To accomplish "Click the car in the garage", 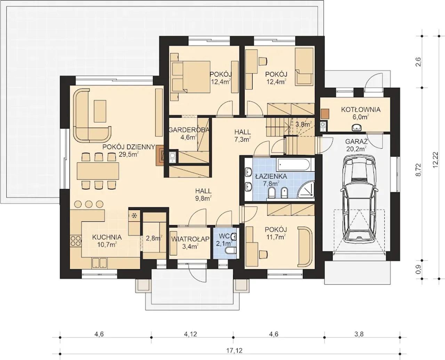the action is click(x=359, y=199).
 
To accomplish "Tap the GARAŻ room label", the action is click(x=356, y=142).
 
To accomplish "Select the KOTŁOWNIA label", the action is click(x=361, y=110).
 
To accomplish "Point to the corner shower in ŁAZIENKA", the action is click(x=306, y=190).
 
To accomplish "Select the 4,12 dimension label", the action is click(x=190, y=334).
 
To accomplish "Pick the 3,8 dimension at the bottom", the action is click(x=359, y=334).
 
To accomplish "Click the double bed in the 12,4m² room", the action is click(x=191, y=77).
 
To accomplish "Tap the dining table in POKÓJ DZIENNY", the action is click(x=98, y=171).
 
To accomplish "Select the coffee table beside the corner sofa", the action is click(x=100, y=111).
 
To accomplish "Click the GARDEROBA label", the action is click(x=189, y=130).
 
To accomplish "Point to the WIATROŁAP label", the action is click(x=190, y=239).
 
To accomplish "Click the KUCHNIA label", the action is click(x=107, y=237).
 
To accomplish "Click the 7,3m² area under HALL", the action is click(x=242, y=139).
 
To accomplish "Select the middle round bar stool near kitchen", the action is click(x=89, y=204).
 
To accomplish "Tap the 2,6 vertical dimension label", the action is click(x=418, y=62).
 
